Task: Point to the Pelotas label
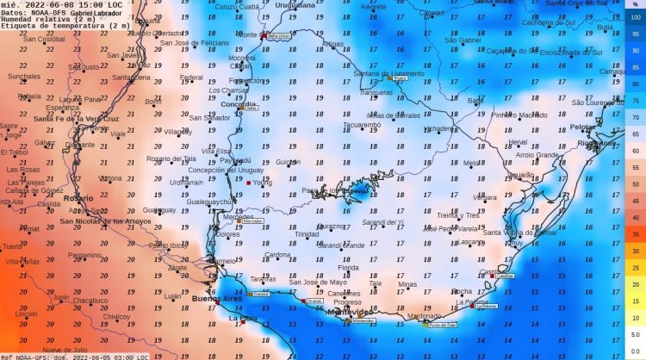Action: coord(584,127)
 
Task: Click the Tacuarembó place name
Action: coord(362,124)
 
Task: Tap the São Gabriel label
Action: coord(462,40)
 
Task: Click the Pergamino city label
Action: coord(85,255)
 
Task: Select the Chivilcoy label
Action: coord(116,316)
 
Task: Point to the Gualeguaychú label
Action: coord(212,202)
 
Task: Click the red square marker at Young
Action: coord(248,183)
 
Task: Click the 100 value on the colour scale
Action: coord(636,17)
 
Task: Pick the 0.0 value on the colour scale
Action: coord(635,351)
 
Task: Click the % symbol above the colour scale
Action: coord(636,5)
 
